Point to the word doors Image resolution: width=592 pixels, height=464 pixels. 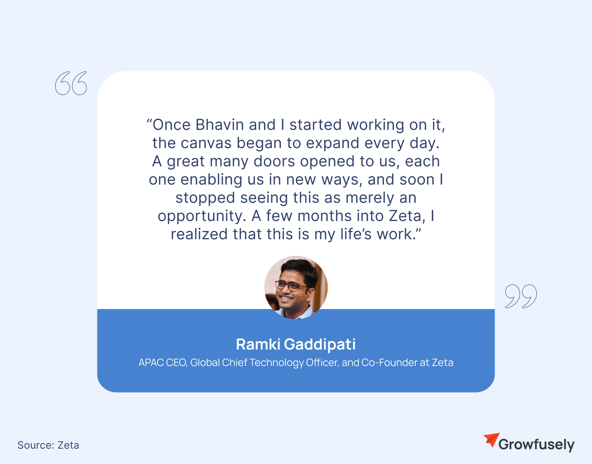(x=274, y=161)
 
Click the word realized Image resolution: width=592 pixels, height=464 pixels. (x=199, y=234)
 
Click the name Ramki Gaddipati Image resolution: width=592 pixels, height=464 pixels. (x=296, y=344)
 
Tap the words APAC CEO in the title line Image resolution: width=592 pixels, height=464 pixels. (x=163, y=363)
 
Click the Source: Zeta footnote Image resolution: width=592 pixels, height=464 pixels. (x=48, y=445)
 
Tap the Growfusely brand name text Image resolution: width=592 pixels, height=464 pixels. (x=536, y=444)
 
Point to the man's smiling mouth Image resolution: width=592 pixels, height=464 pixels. (x=286, y=298)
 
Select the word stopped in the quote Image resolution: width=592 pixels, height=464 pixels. (x=205, y=198)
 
